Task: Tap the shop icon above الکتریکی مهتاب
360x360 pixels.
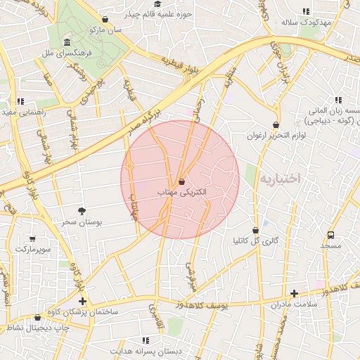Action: (x=181, y=181)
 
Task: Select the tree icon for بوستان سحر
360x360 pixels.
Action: (x=82, y=211)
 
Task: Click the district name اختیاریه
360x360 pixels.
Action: (x=280, y=179)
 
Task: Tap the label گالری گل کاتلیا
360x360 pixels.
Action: (x=256, y=240)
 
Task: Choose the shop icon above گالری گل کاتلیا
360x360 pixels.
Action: (x=255, y=230)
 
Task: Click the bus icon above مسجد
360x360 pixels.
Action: (x=330, y=235)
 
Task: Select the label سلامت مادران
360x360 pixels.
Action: (x=294, y=304)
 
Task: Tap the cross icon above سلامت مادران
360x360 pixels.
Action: (x=294, y=293)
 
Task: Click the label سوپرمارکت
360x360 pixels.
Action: (x=32, y=250)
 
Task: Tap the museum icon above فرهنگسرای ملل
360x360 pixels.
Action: (x=66, y=42)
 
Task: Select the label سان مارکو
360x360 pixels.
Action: (x=105, y=30)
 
